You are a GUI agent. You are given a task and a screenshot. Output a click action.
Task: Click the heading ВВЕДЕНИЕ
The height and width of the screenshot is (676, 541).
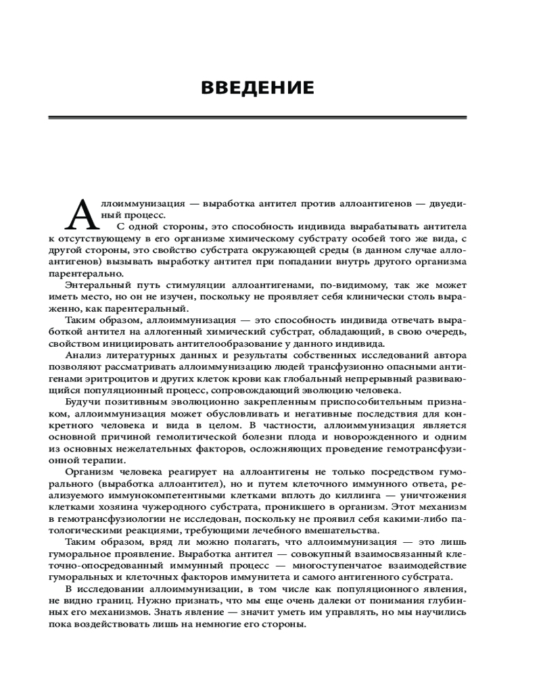[258, 88]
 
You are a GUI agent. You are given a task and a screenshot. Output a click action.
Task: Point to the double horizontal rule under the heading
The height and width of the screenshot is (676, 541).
[258, 118]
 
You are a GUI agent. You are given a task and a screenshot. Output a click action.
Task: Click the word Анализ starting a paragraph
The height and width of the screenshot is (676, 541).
[85, 354]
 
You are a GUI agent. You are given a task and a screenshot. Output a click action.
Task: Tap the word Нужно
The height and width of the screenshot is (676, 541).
[154, 600]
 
